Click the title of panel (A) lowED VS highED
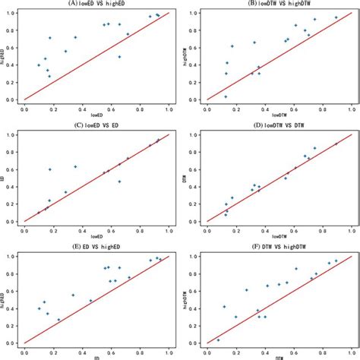point(96,4)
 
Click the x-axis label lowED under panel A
point(96,115)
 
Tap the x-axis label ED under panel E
point(96,357)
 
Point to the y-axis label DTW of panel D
point(185,178)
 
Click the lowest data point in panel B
point(225,96)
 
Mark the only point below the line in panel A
point(119,57)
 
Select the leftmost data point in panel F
point(218,340)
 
